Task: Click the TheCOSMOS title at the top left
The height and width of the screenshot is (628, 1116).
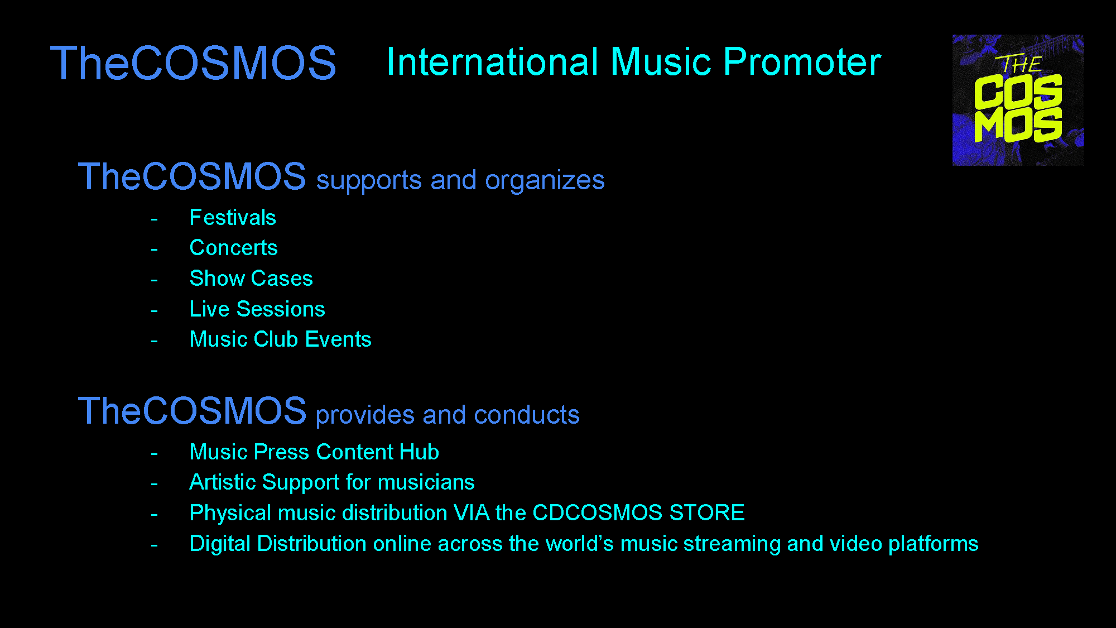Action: coord(193,63)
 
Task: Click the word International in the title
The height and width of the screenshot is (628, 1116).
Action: coord(493,61)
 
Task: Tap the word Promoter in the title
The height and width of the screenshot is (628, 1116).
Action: coord(802,61)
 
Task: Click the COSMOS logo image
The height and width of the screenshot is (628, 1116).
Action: coord(1018,100)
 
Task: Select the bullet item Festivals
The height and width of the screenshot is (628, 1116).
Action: coord(233,218)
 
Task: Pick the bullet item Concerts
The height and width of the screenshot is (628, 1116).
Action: coord(233,248)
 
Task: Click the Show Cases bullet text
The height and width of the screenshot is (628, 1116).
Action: coord(251,278)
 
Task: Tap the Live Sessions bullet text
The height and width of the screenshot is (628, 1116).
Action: coord(257,309)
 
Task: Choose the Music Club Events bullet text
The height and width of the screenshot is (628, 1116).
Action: coord(280,339)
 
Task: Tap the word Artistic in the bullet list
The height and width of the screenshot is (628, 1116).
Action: coord(223,482)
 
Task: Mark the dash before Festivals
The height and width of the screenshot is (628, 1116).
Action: coord(154,219)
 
